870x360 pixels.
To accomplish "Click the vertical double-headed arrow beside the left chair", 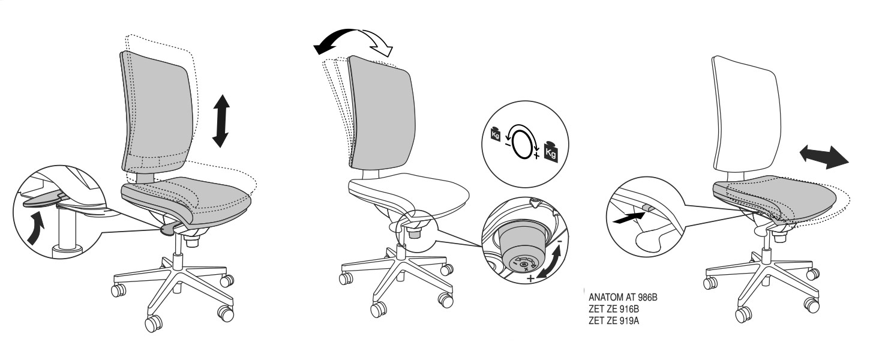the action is (221, 121).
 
